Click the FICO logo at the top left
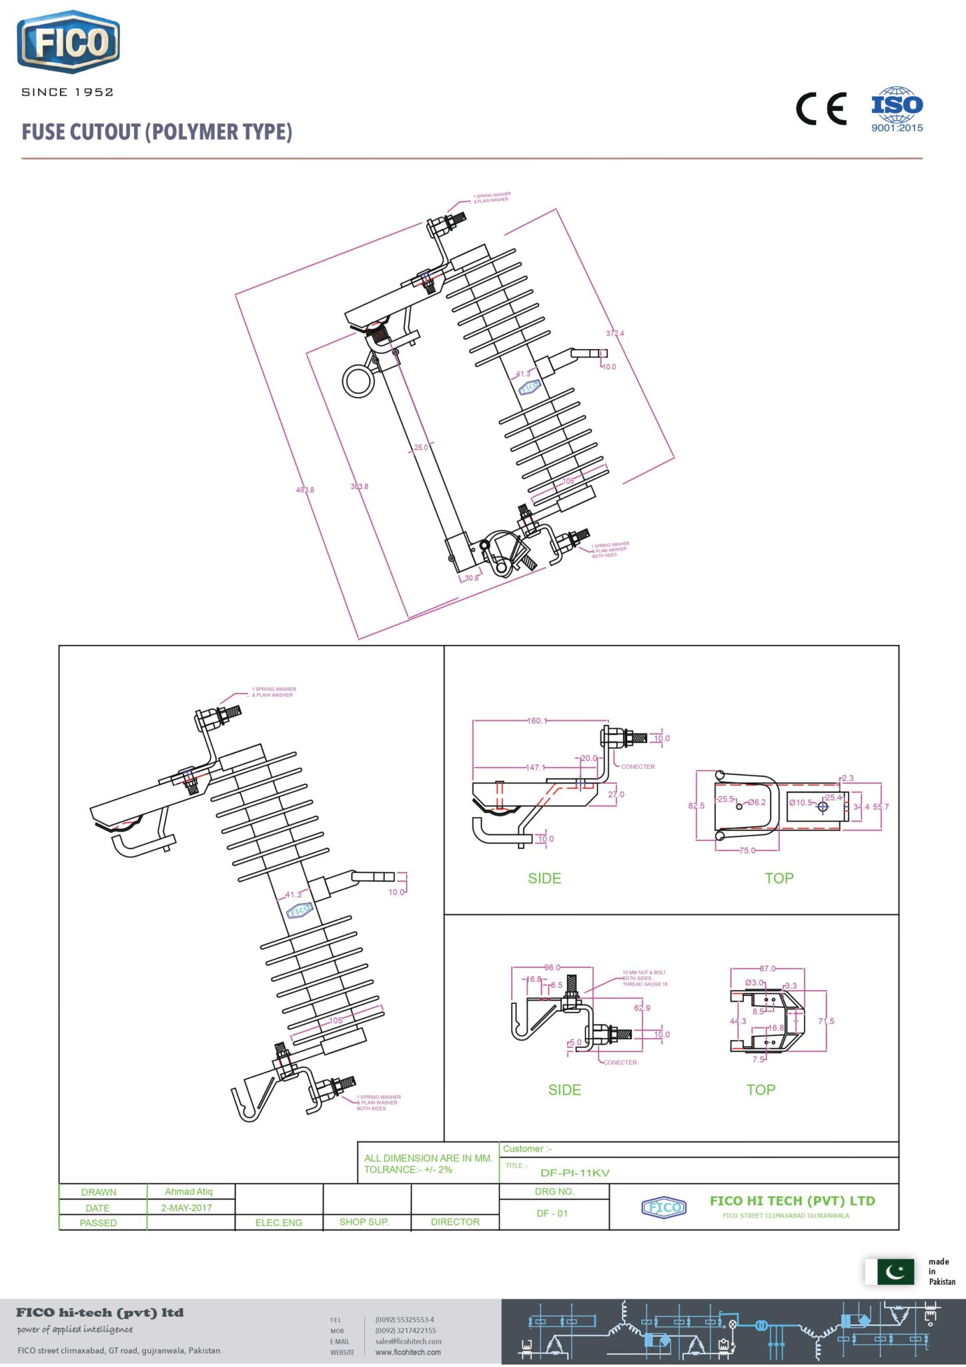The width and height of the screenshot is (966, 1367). [68, 42]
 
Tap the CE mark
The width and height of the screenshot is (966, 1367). [821, 109]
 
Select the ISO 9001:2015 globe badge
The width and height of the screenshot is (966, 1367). [897, 109]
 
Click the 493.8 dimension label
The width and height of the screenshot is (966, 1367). [305, 490]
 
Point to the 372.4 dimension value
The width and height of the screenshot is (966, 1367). [615, 333]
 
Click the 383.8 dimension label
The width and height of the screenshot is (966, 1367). [360, 487]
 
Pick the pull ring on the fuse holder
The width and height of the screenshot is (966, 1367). [359, 380]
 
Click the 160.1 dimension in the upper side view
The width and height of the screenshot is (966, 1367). [536, 721]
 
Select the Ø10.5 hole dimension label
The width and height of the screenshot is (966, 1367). [801, 803]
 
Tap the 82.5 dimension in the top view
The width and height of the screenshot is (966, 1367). [696, 806]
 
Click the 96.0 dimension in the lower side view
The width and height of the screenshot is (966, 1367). [552, 967]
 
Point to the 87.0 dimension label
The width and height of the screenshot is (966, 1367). [767, 969]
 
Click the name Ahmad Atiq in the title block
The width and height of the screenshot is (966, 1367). [189, 1191]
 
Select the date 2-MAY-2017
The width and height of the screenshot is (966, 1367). [187, 1207]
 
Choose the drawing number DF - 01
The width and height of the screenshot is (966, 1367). [552, 1213]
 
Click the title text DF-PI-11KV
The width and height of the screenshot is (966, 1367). [575, 1173]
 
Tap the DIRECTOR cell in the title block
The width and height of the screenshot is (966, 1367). [455, 1221]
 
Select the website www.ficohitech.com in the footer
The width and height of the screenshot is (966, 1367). [408, 1352]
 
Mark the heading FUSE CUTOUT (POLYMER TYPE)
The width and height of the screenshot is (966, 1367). [157, 132]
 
